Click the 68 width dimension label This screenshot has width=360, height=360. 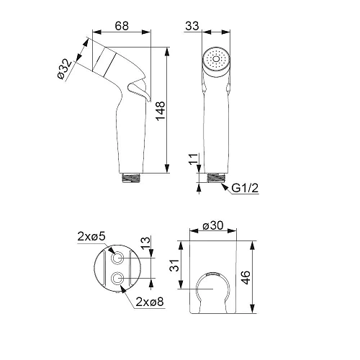coord(122,26)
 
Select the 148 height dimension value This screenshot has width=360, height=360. coord(161,111)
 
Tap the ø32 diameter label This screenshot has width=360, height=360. coord(65,69)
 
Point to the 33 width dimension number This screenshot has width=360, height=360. coord(192,26)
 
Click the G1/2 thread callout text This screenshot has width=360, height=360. coord(245,188)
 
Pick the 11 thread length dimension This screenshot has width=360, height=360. coord(194,159)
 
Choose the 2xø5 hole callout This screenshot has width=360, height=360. coord(91,237)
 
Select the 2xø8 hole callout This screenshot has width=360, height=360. coord(150,302)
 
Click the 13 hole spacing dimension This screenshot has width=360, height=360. coord(145,243)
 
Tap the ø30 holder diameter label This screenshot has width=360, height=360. coord(213,225)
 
